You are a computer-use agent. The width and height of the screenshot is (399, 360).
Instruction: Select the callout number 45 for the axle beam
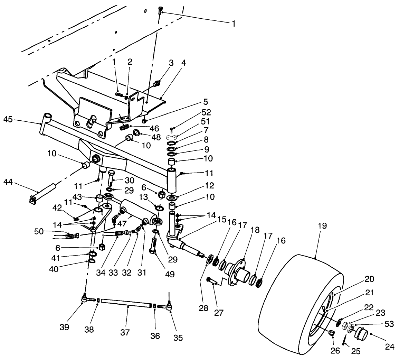coord(8,119)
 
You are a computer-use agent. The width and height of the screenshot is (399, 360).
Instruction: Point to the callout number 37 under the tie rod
coord(125,332)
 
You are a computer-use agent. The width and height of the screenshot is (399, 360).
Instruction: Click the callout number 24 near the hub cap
coord(389,346)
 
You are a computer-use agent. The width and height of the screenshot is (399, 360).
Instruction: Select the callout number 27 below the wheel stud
coord(219,312)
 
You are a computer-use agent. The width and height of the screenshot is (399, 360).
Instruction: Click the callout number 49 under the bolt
coord(170,274)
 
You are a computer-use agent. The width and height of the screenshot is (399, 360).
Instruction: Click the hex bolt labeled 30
coord(111,179)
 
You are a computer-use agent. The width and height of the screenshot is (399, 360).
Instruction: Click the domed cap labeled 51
coord(171,136)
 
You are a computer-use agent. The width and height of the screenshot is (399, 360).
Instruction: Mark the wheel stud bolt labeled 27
coord(212,281)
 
